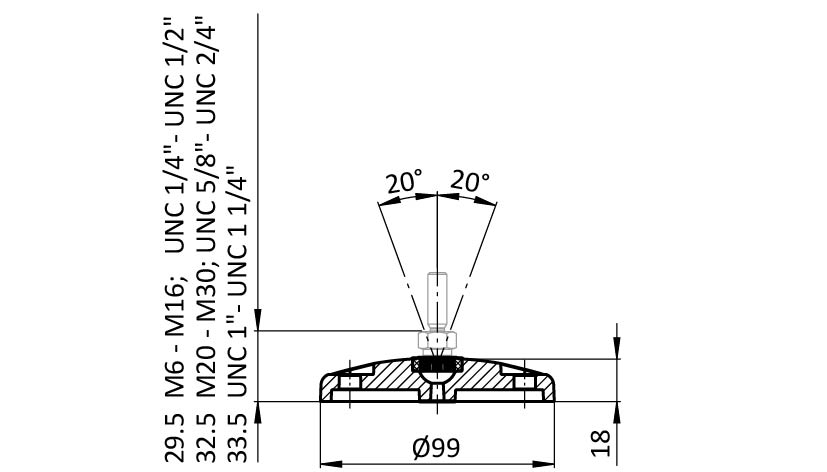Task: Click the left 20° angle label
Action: tap(404, 183)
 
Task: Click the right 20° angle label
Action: tap(470, 182)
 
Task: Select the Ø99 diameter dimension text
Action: tap(437, 446)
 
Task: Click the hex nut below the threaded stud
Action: tap(437, 341)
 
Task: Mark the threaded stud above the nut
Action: tap(437, 299)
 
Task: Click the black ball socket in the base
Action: tap(437, 367)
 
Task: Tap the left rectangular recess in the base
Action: tap(352, 383)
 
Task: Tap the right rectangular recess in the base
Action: tap(522, 383)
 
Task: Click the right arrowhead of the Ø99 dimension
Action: tap(549, 463)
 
